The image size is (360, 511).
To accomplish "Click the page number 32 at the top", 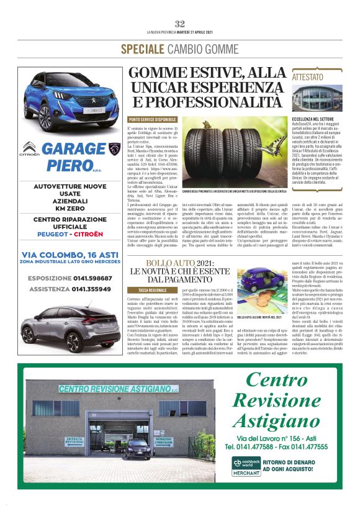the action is pyautogui.click(x=180, y=24).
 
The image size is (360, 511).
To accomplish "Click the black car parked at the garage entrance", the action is pyautogui.click(x=138, y=447).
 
